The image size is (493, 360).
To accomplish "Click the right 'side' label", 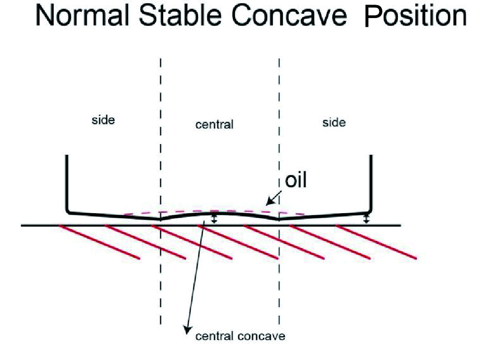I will point(334,122).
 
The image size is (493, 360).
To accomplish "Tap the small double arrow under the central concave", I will point(214,218).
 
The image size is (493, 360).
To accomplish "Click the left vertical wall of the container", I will point(67,183).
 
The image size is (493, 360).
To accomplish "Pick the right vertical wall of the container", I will point(370,183).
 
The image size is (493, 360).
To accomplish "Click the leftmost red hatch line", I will point(99,242).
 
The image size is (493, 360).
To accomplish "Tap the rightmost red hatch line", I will point(377,242).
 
